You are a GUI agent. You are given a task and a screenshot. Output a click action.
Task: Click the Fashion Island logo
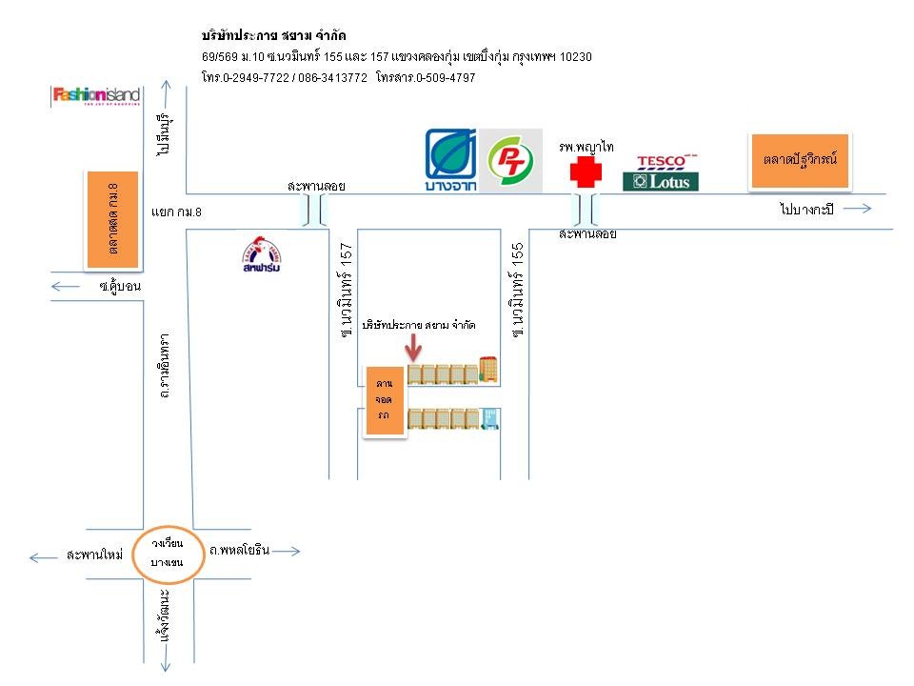click(96, 95)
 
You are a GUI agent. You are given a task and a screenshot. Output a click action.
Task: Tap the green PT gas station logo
click(510, 161)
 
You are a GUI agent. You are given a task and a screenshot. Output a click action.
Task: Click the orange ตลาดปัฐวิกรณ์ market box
click(800, 158)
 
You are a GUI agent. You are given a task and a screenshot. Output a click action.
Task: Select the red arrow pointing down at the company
click(413, 348)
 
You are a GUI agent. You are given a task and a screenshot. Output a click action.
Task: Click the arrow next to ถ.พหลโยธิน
click(289, 551)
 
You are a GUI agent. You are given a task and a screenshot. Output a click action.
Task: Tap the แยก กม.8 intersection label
click(177, 211)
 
